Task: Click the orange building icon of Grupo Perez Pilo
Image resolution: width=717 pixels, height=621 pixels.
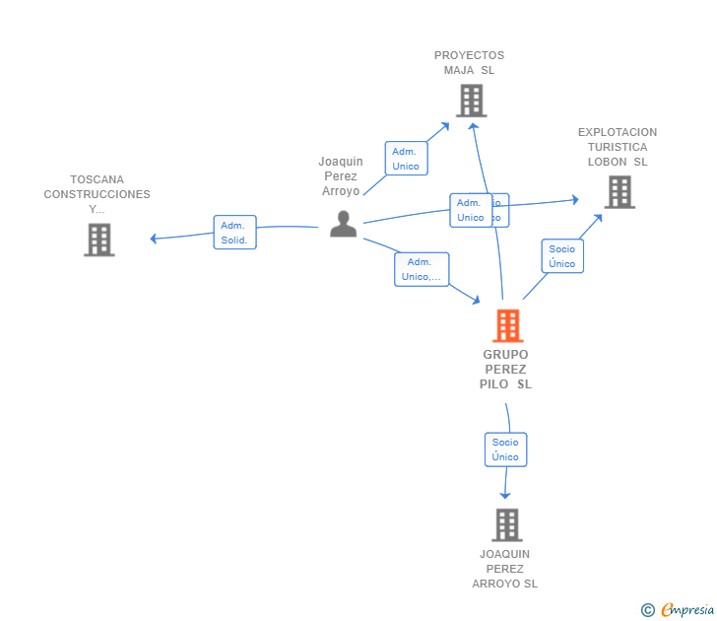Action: pos(507,325)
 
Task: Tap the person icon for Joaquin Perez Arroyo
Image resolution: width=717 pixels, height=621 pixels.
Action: pos(343,225)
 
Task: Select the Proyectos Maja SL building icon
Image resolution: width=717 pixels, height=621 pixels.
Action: pos(471,101)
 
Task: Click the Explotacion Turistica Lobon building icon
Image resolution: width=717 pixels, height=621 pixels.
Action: pos(619,192)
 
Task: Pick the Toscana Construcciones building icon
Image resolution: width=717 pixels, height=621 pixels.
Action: pos(98,240)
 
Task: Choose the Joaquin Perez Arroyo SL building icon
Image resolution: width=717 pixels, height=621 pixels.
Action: pos(506,524)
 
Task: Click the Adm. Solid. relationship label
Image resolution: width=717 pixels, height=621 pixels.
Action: pos(234,233)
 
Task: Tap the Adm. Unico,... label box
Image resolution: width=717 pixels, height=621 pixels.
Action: pos(422,269)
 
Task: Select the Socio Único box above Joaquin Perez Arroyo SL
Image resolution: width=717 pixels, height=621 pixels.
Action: pos(505,449)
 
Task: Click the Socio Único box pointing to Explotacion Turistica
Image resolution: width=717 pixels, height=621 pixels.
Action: pos(562,256)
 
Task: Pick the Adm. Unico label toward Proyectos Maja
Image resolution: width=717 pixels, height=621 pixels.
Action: pos(406,159)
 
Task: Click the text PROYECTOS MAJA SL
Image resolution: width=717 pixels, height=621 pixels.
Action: pos(469,63)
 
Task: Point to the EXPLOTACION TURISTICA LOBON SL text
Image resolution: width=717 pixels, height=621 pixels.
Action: pos(618,147)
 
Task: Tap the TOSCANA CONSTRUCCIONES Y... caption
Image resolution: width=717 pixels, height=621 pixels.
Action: pos(97,194)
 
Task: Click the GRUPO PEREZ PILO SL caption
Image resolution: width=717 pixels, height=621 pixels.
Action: pos(506,370)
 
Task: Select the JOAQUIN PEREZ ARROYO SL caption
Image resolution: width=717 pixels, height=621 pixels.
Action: pos(505,569)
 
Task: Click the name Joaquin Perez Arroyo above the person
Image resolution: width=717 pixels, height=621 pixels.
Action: pos(341,176)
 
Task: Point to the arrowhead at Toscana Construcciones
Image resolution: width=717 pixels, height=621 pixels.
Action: pos(154,239)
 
